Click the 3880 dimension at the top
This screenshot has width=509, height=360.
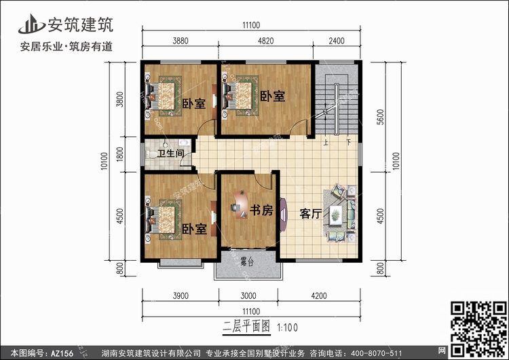click(x=181, y=41)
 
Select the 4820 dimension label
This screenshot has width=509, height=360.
click(x=266, y=41)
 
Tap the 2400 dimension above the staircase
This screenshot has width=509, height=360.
click(x=337, y=41)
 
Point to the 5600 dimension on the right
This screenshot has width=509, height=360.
click(x=380, y=117)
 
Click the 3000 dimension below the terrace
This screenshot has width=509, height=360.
click(x=248, y=295)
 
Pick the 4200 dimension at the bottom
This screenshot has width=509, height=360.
click(x=319, y=295)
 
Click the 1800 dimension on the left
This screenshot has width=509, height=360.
click(x=119, y=154)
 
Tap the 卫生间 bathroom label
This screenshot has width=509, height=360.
click(x=171, y=153)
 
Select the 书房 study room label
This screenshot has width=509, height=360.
click(x=261, y=210)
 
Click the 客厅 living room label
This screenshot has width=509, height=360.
click(x=311, y=213)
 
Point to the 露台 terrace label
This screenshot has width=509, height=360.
click(x=247, y=262)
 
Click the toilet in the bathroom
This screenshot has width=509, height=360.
click(x=151, y=154)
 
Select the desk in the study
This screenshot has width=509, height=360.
click(x=240, y=204)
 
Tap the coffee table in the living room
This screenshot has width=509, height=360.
click(x=336, y=215)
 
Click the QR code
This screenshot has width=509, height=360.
click(x=478, y=329)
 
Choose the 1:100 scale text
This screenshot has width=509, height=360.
click(x=287, y=327)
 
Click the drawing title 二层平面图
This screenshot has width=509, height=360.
click(x=246, y=326)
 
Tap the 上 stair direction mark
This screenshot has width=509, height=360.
click(x=326, y=143)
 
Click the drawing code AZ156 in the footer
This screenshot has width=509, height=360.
click(x=62, y=353)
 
